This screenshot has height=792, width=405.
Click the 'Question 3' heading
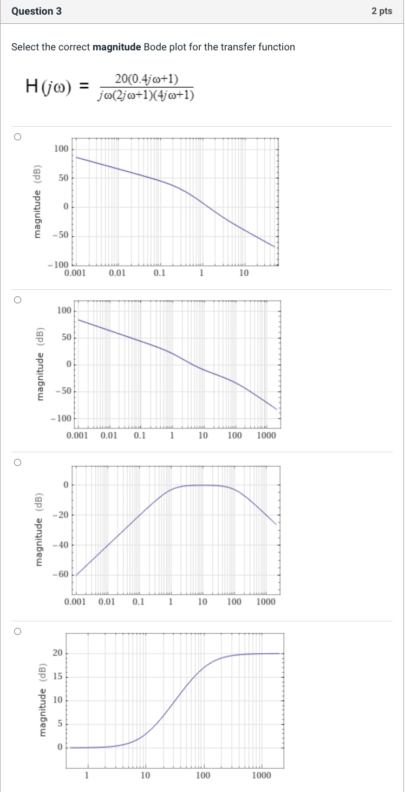[x=36, y=11]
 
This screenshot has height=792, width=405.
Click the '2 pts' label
[x=382, y=11]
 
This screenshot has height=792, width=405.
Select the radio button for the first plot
[x=17, y=137]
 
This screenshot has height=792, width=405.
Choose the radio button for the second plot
[x=17, y=300]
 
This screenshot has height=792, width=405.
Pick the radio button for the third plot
[x=17, y=462]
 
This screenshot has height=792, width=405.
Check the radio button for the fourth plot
[x=17, y=631]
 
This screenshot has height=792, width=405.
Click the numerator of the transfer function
[x=146, y=80]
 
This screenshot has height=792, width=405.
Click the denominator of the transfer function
[x=146, y=96]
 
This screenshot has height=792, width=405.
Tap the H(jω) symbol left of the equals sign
[x=48, y=86]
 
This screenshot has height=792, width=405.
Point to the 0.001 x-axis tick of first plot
[x=74, y=274]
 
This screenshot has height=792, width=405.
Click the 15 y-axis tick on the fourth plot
[x=57, y=677]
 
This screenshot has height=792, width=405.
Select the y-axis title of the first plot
[x=37, y=201]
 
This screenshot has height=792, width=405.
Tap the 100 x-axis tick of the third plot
[x=234, y=602]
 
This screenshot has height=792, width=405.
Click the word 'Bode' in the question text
[x=155, y=47]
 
